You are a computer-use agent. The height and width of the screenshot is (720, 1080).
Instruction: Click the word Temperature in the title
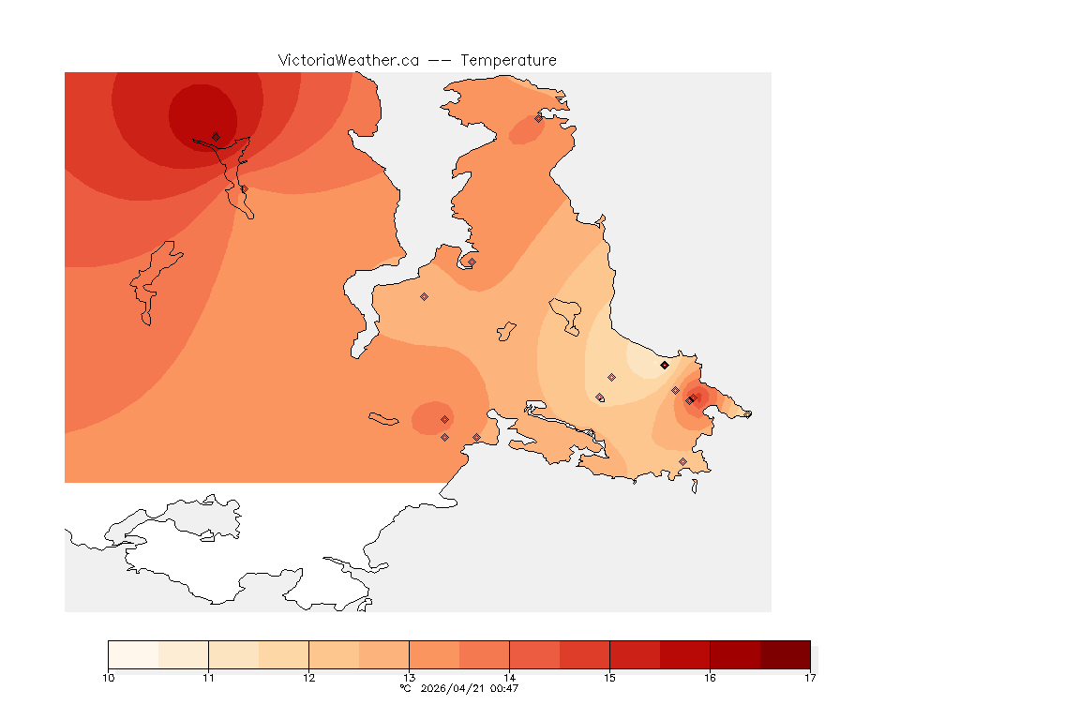(x=508, y=60)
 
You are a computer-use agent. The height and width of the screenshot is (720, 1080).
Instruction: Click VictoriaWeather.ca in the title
(x=348, y=60)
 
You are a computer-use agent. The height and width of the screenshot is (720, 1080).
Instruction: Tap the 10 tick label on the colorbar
(x=109, y=678)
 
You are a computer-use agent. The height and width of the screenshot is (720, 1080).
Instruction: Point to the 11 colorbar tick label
(x=208, y=678)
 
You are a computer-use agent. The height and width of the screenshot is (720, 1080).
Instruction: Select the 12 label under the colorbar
(x=308, y=678)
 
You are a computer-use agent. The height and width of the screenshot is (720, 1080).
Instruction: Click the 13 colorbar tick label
(x=409, y=678)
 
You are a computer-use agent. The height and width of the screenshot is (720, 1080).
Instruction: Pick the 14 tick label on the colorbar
(x=509, y=678)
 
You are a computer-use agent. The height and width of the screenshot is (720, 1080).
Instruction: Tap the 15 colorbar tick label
(x=609, y=678)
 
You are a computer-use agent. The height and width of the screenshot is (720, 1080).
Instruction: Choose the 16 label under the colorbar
(x=710, y=678)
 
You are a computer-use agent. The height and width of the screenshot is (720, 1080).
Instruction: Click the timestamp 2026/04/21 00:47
(x=471, y=688)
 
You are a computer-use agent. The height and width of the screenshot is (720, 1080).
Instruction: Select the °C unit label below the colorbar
(x=405, y=688)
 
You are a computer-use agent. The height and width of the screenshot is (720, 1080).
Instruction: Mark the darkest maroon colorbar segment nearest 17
(x=785, y=654)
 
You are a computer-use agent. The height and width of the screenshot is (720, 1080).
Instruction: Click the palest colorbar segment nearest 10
(x=133, y=654)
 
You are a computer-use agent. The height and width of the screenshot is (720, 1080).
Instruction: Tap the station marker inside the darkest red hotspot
(x=216, y=137)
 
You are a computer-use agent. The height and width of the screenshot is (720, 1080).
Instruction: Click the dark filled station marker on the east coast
(x=665, y=365)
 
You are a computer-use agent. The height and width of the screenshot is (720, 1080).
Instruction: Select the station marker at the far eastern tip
(x=747, y=413)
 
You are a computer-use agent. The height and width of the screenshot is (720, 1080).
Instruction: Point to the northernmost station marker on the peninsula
(x=538, y=118)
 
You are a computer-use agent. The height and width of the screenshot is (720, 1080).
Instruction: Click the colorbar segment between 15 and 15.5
(x=635, y=654)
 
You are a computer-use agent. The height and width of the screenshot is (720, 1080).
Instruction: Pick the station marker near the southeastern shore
(x=682, y=461)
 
